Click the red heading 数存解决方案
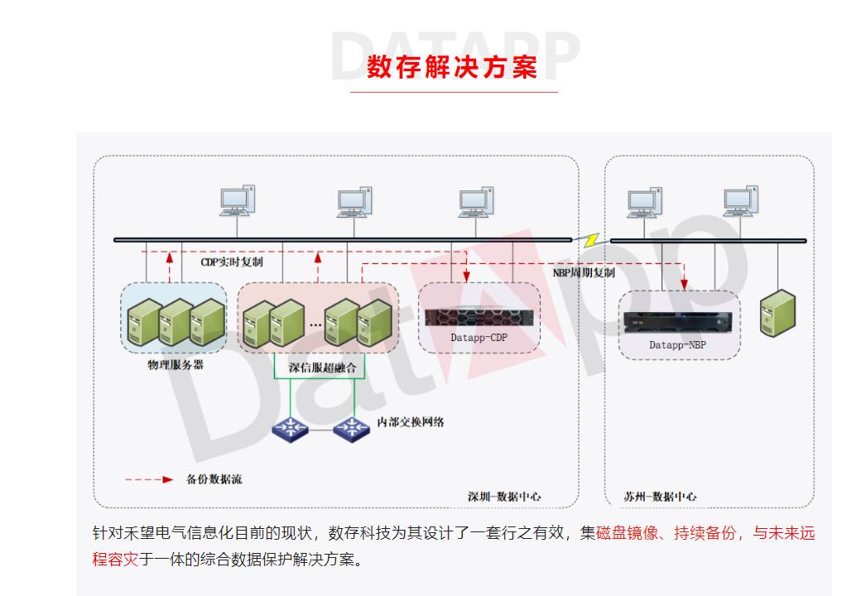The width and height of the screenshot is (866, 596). (452, 66)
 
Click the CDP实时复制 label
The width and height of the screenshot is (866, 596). (232, 262)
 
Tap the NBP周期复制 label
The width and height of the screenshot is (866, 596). (585, 272)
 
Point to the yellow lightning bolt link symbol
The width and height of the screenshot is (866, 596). (592, 240)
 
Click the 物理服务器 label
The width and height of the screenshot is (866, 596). (176, 364)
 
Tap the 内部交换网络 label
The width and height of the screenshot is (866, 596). (411, 422)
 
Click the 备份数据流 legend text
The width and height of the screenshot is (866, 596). (214, 479)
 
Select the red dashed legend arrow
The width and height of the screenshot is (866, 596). (149, 479)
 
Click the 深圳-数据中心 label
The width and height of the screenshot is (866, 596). (504, 497)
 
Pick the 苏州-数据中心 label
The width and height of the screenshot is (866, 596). (660, 497)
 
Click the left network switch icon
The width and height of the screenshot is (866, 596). (290, 428)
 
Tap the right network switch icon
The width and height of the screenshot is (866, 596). (351, 428)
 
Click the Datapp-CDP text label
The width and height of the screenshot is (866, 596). (479, 339)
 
